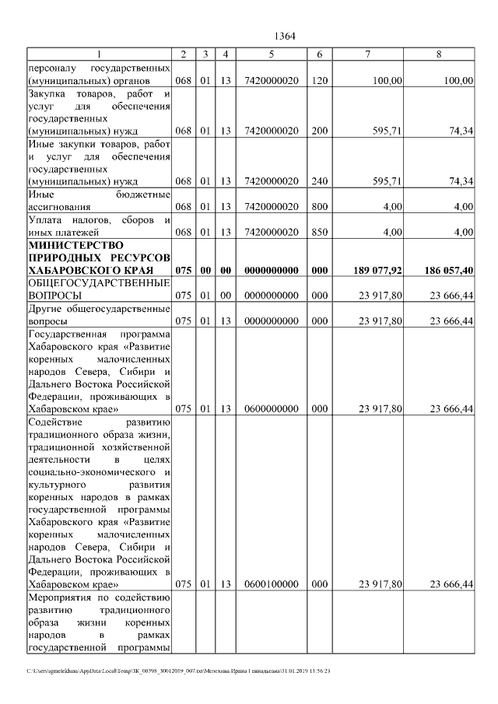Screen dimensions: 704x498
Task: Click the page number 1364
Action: point(286,36)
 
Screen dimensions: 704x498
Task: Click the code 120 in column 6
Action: point(319,81)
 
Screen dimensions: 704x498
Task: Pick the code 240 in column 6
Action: point(319,181)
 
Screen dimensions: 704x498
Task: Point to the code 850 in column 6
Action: point(319,232)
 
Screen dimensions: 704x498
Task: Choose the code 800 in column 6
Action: point(319,207)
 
